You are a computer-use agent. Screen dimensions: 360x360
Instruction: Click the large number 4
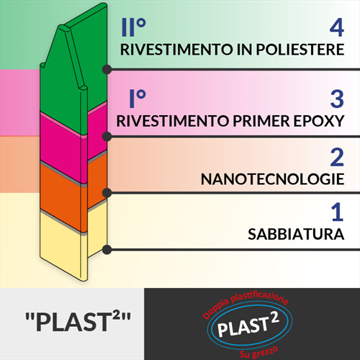pyautogui.click(x=337, y=28)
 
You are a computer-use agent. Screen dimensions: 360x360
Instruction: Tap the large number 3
pyautogui.click(x=337, y=99)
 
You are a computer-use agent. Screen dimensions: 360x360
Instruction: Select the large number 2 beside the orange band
pyautogui.click(x=337, y=158)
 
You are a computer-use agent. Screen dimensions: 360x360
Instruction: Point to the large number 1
pyautogui.click(x=338, y=212)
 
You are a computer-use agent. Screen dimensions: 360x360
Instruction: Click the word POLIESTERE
pyautogui.click(x=300, y=50)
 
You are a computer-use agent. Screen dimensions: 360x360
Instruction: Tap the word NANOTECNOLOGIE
pyautogui.click(x=273, y=179)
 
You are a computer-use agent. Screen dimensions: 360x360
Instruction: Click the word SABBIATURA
pyautogui.click(x=296, y=234)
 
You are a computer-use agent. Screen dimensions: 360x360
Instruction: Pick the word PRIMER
pyautogui.click(x=261, y=121)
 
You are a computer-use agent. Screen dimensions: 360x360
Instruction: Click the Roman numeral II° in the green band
pyautogui.click(x=134, y=27)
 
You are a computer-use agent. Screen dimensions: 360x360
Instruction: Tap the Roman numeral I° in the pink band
pyautogui.click(x=138, y=99)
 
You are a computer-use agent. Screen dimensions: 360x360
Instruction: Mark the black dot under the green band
pyautogui.click(x=107, y=69)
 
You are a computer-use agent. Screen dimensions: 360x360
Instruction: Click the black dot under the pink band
pyautogui.click(x=107, y=136)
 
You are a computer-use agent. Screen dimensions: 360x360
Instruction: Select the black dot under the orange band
pyautogui.click(x=107, y=193)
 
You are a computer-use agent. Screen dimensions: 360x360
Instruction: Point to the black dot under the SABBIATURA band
pyautogui.click(x=107, y=250)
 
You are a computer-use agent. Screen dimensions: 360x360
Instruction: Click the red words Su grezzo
pyautogui.click(x=259, y=352)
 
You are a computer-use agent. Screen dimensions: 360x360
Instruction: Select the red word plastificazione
pyautogui.click(x=259, y=297)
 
